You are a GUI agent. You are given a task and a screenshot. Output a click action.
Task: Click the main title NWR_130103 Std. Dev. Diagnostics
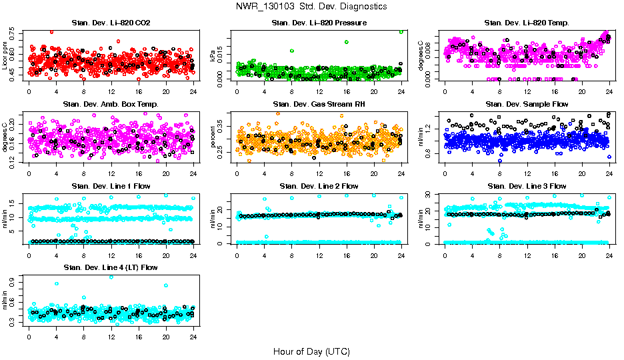(x=311, y=7)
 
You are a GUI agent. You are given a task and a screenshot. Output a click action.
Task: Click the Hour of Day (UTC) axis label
(x=311, y=351)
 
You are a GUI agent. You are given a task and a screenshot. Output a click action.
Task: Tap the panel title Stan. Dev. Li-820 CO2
(x=111, y=23)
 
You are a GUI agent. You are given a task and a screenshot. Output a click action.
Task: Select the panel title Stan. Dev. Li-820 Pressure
(x=319, y=23)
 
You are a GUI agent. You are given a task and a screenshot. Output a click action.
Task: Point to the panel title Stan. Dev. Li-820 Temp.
(x=527, y=23)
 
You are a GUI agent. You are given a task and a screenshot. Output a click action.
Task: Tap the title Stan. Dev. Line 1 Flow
(x=111, y=186)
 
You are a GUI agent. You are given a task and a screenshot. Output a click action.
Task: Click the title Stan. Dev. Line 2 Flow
(x=319, y=186)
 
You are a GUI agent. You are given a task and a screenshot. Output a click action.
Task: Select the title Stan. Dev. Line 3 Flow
(x=527, y=186)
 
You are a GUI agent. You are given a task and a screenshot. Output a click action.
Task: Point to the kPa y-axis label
(x=213, y=57)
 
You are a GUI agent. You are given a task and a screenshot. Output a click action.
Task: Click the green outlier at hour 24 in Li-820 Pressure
(x=401, y=31)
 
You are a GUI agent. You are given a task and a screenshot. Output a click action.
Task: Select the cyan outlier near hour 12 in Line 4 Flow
(x=111, y=277)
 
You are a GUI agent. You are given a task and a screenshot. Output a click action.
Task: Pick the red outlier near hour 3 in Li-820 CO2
(x=51, y=31)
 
